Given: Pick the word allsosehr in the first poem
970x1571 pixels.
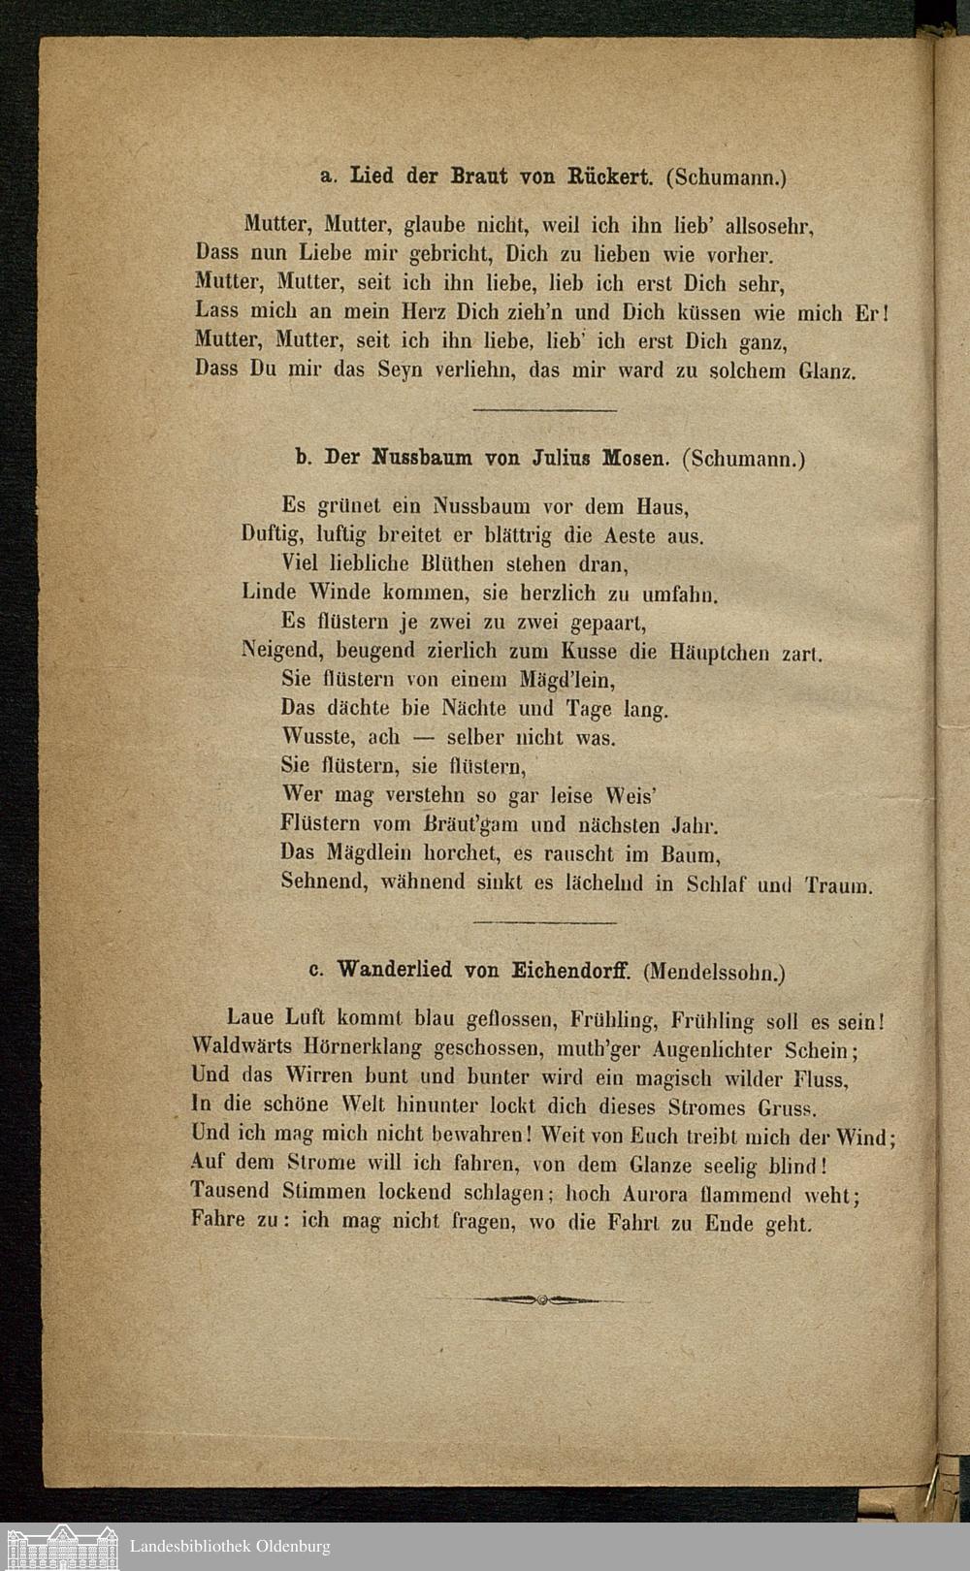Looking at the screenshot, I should (768, 228).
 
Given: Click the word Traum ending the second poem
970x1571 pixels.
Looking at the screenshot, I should (840, 884).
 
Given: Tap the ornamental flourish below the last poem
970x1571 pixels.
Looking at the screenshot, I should (543, 1299).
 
